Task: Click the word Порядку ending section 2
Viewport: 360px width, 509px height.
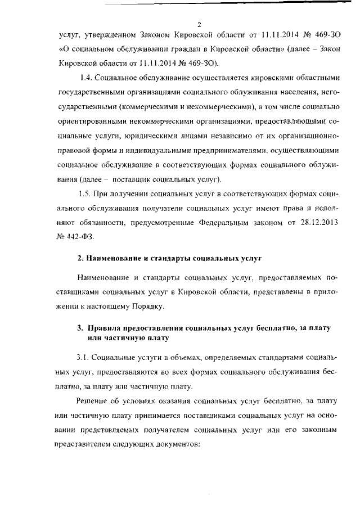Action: pos(148,306)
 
